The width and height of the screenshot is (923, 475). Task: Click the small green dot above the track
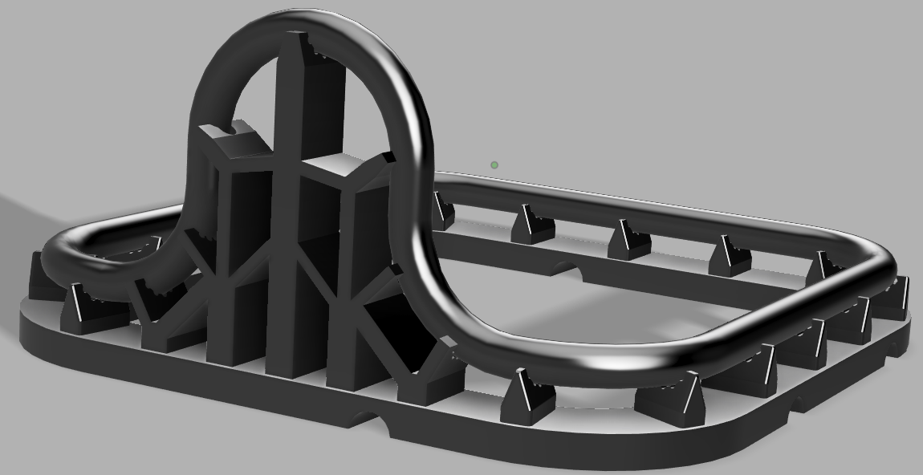(x=494, y=165)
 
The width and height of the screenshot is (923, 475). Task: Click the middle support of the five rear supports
(x=628, y=239)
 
